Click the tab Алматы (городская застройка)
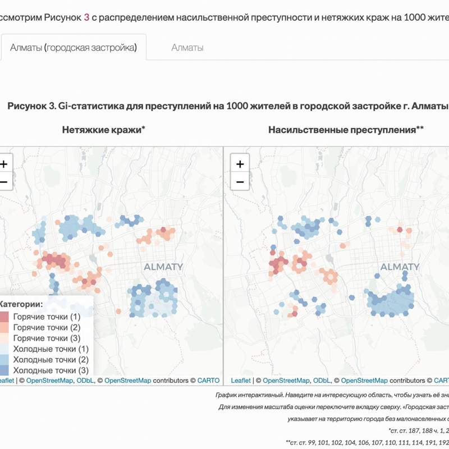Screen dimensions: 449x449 pos(74,48)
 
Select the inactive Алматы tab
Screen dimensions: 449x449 pos(187,48)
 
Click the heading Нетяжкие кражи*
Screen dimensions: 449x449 pos(104,130)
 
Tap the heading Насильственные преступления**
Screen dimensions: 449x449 pos(346,130)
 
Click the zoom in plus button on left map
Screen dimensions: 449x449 pos(3,164)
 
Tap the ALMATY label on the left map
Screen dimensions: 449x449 pos(163,267)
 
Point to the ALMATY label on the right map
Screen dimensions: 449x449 pos(400,267)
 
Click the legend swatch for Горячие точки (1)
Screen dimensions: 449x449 pos(3,317)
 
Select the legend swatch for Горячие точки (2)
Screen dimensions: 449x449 pos(3,327)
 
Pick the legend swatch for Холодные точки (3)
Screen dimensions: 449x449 pos(3,370)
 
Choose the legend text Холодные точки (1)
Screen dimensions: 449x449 pos(51,349)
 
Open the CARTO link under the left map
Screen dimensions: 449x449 pos(208,381)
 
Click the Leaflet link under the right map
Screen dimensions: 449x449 pos(241,381)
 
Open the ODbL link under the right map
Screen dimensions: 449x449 pos(322,381)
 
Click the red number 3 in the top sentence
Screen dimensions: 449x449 pos(86,17)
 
